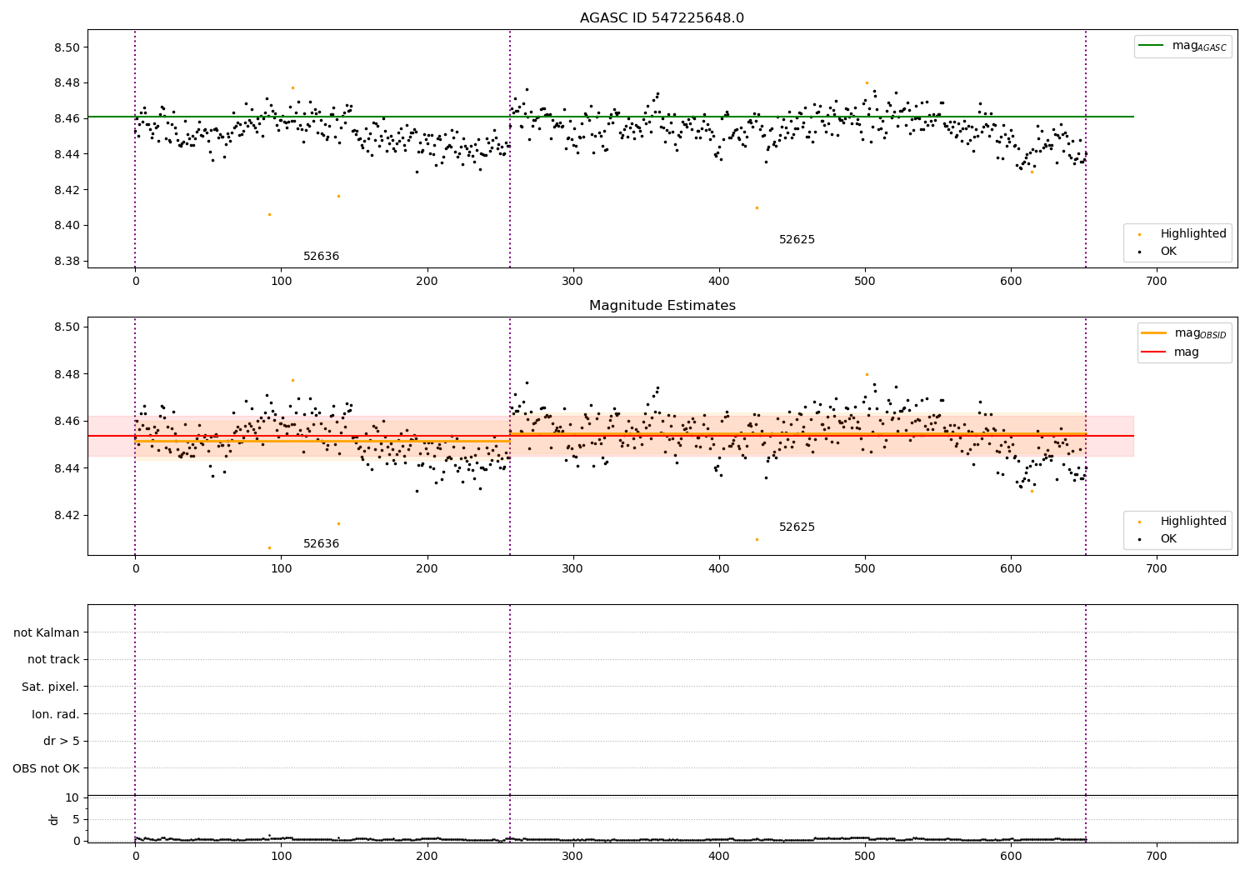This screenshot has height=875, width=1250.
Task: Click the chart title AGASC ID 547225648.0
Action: pos(662,18)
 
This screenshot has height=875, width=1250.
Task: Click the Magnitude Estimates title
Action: pos(662,306)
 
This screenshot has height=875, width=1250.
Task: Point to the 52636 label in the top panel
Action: pos(321,257)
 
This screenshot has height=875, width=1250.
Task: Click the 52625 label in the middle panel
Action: pos(797,527)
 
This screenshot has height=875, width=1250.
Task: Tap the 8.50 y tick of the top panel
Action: pos(67,47)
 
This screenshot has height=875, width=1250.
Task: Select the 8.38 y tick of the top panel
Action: pos(67,261)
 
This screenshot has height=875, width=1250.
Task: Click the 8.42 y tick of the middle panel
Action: pos(67,515)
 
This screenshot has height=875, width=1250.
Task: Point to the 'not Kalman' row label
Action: pos(47,632)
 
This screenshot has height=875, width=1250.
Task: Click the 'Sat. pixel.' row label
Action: pos(50,687)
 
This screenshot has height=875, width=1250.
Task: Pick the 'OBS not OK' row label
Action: pos(46,768)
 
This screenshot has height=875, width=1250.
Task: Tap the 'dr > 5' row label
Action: pos(61,741)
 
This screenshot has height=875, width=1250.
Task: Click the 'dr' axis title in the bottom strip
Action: pos(54,819)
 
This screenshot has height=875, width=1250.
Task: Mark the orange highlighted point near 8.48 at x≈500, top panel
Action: pos(867,82)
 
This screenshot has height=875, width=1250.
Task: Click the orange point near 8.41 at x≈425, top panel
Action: pos(757,207)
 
